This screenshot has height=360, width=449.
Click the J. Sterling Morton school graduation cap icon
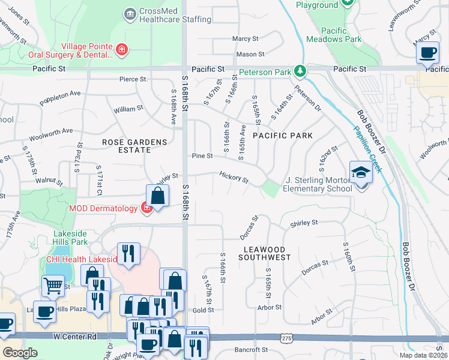(361, 173)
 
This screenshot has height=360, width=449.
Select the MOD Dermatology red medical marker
(145, 208)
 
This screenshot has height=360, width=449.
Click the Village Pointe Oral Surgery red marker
(122, 49)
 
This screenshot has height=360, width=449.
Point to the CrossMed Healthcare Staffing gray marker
(129, 14)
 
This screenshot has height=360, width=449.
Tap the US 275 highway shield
(285, 339)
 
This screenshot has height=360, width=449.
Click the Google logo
(20, 352)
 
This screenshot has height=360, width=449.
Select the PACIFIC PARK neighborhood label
(282, 136)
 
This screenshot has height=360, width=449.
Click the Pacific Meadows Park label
(334, 35)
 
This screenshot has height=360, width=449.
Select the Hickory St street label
(234, 178)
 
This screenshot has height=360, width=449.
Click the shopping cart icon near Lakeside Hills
(53, 287)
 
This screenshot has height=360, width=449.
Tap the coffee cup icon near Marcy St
(427, 53)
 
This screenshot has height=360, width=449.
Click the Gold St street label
(203, 310)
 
